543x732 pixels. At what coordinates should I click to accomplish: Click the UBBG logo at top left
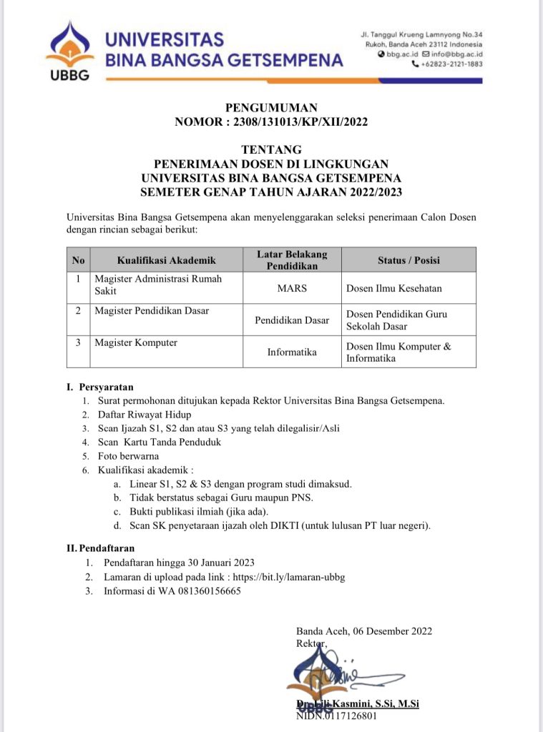tap(69, 51)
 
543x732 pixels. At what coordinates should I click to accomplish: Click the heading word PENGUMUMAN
tap(271, 107)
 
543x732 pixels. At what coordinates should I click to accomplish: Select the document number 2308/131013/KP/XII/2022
tap(295, 122)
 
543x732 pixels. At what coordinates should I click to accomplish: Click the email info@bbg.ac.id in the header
tap(456, 54)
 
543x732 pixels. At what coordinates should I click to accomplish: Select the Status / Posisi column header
tap(409, 260)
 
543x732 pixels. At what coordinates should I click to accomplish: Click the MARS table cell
tap(292, 288)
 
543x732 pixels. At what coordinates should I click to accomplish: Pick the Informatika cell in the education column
tap(292, 352)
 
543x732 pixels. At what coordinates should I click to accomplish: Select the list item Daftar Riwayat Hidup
tap(145, 414)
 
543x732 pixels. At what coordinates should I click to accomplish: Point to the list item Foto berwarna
tap(129, 455)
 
